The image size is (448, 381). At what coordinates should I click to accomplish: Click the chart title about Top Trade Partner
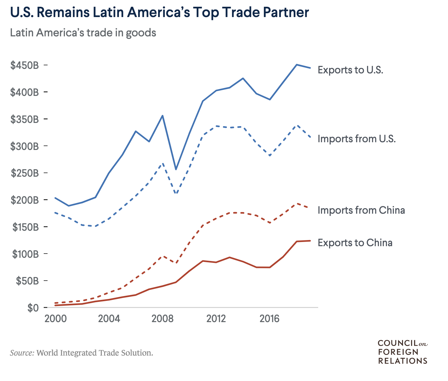(x=159, y=13)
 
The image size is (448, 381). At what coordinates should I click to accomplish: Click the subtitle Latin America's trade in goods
(x=83, y=33)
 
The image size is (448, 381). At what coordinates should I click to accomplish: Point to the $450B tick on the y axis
(x=25, y=65)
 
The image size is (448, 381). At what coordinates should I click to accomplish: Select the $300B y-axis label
(x=25, y=146)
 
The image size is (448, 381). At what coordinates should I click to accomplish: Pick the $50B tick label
(x=27, y=281)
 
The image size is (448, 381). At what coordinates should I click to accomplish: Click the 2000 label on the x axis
(x=56, y=319)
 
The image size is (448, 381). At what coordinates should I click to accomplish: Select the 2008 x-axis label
(x=163, y=319)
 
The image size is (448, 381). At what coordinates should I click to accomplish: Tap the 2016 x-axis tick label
(x=270, y=319)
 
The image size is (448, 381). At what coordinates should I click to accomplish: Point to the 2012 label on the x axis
(x=216, y=319)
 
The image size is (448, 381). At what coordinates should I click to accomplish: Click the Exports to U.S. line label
(x=350, y=70)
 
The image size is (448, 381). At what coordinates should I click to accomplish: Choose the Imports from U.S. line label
(x=357, y=139)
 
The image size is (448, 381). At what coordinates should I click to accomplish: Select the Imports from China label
(x=361, y=210)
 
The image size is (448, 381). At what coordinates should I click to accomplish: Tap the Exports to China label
(x=355, y=243)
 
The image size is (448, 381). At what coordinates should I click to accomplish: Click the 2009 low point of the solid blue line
(x=176, y=170)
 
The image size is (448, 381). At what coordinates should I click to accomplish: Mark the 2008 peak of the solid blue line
(x=163, y=116)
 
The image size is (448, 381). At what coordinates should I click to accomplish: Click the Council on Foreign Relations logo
(x=403, y=352)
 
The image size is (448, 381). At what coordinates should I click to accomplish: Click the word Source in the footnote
(x=22, y=353)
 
